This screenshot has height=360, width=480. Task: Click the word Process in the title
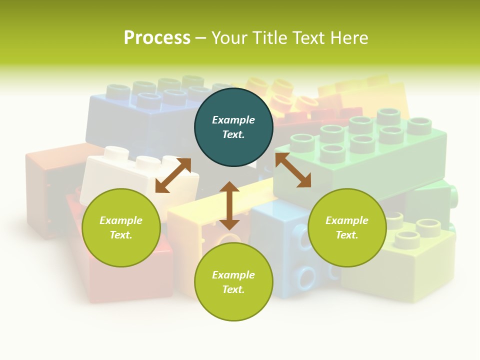[157, 38]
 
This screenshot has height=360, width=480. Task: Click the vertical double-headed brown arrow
[229, 205]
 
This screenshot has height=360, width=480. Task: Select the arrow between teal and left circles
[173, 175]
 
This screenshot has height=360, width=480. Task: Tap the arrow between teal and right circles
[293, 170]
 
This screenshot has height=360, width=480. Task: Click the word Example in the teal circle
[233, 120]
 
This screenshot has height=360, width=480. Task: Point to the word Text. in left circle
[121, 235]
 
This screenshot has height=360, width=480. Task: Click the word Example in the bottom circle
[233, 275]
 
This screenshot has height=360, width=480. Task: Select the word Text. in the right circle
[347, 235]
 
